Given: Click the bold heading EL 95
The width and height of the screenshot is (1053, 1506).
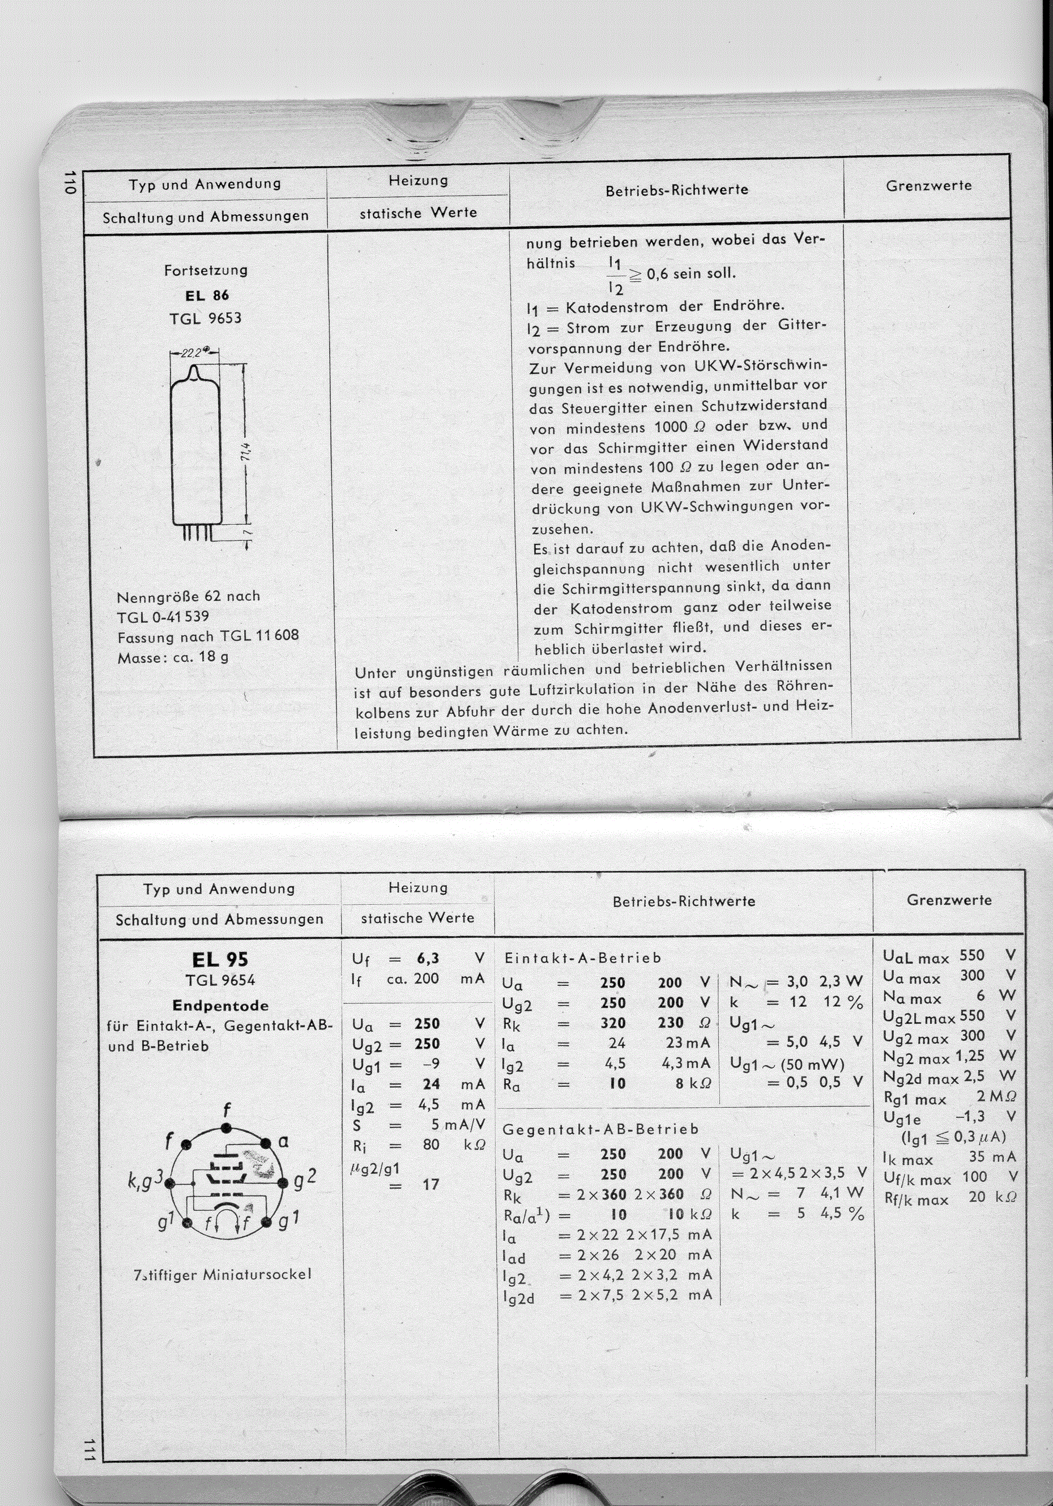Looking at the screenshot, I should point(220,960).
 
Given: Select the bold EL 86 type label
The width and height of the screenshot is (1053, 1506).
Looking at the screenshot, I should point(207,295).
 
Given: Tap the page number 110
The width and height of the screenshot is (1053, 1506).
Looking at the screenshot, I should point(70,182).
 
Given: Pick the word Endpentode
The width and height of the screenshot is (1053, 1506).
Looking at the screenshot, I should point(220,1006).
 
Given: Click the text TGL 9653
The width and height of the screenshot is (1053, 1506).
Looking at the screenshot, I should point(205,319).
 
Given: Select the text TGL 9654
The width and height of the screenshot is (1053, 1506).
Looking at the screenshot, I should point(220,981).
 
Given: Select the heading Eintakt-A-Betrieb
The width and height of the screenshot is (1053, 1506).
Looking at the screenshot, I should point(582,958).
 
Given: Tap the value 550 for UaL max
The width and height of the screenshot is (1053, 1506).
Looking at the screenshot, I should point(971,956).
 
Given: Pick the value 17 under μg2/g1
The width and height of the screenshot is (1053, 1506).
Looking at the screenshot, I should point(430,1185).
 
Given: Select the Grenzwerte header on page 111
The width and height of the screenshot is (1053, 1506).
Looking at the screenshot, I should point(949,900).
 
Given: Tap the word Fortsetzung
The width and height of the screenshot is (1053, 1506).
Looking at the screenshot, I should point(206,270).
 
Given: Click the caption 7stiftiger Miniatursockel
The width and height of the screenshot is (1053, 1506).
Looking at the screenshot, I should point(221,1274).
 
